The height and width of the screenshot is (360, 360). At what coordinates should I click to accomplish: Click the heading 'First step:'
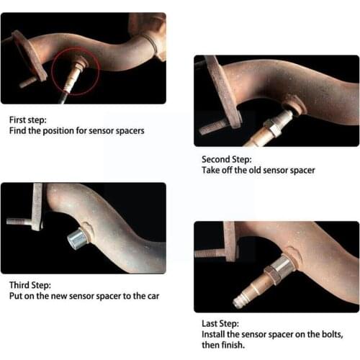tap(27, 120)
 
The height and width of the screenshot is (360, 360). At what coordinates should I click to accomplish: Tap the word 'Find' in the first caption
tap(17, 131)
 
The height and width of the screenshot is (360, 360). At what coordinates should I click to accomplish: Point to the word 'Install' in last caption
tap(212, 335)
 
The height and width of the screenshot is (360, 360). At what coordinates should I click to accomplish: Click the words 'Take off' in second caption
tap(217, 170)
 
